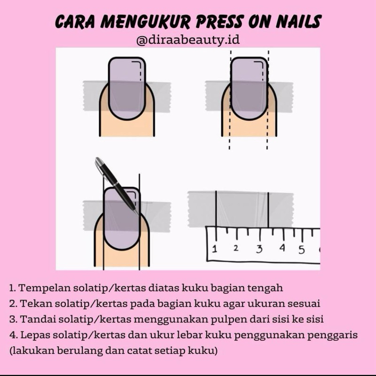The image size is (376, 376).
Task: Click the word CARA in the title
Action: tap(75, 22)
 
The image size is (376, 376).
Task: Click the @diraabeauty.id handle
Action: tap(188, 40)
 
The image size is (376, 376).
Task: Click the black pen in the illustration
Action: tap(117, 186)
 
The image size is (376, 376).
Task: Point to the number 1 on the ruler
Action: tap(215, 249)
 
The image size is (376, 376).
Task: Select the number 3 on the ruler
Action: tap(259, 249)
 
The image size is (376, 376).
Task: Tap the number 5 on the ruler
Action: tap(302, 250)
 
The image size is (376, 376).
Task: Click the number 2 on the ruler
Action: tap(236, 248)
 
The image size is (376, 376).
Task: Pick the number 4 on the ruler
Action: tap(282, 248)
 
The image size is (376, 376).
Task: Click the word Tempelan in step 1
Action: tap(45, 288)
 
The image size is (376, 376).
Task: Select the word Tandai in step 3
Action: tap(38, 319)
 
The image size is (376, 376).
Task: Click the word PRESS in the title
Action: tap(219, 21)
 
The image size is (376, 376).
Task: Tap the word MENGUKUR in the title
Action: tap(145, 22)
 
